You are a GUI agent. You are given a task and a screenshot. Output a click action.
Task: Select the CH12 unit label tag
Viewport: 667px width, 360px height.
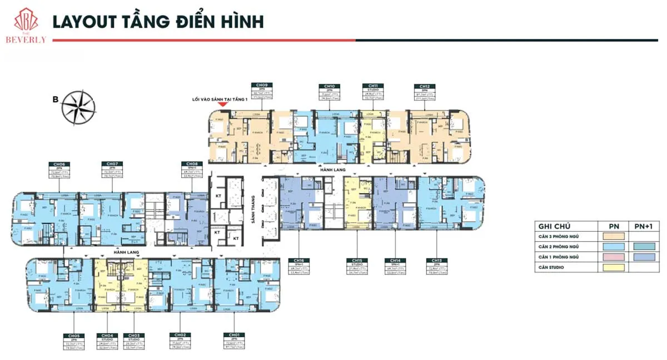click(425, 87)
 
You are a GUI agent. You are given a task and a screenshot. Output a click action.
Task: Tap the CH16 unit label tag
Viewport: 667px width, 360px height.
click(299, 261)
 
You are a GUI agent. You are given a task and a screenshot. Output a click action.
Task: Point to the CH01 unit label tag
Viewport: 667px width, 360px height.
click(233, 336)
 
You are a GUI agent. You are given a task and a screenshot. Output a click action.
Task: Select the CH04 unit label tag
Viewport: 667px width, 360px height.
click(107, 336)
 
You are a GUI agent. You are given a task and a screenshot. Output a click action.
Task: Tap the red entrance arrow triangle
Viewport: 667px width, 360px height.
click(222, 104)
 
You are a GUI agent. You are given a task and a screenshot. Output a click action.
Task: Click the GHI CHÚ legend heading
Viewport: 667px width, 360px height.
click(553, 226)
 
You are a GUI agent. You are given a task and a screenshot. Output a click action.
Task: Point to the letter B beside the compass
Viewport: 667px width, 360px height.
click(55, 100)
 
